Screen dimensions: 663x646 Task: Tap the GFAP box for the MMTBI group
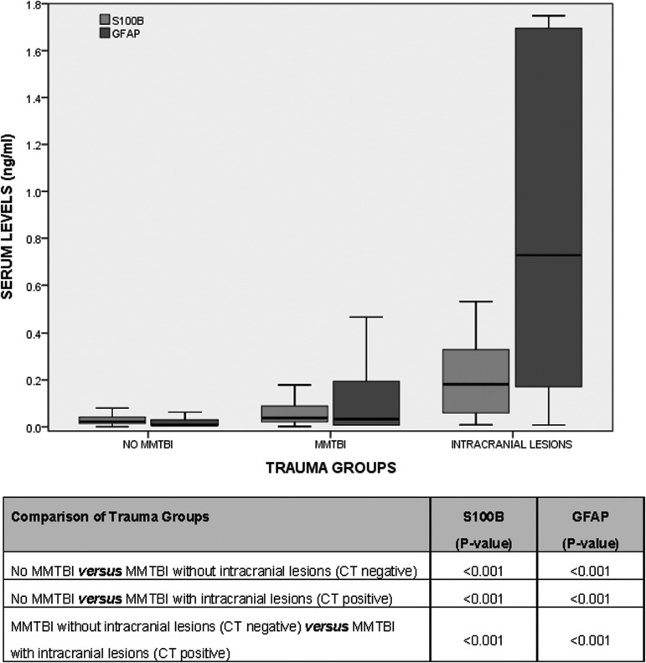click(x=366, y=403)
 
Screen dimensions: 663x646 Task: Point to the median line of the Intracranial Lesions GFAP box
click(x=548, y=255)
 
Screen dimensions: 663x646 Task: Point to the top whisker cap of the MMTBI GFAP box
click(x=366, y=317)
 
